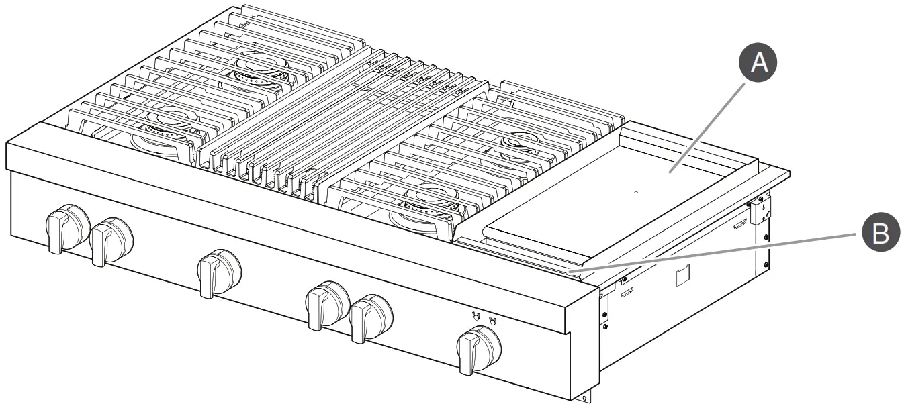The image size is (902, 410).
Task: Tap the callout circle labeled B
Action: [x=876, y=234]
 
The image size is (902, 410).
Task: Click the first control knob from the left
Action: [x=67, y=227]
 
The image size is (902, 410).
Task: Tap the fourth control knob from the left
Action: [x=326, y=303]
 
